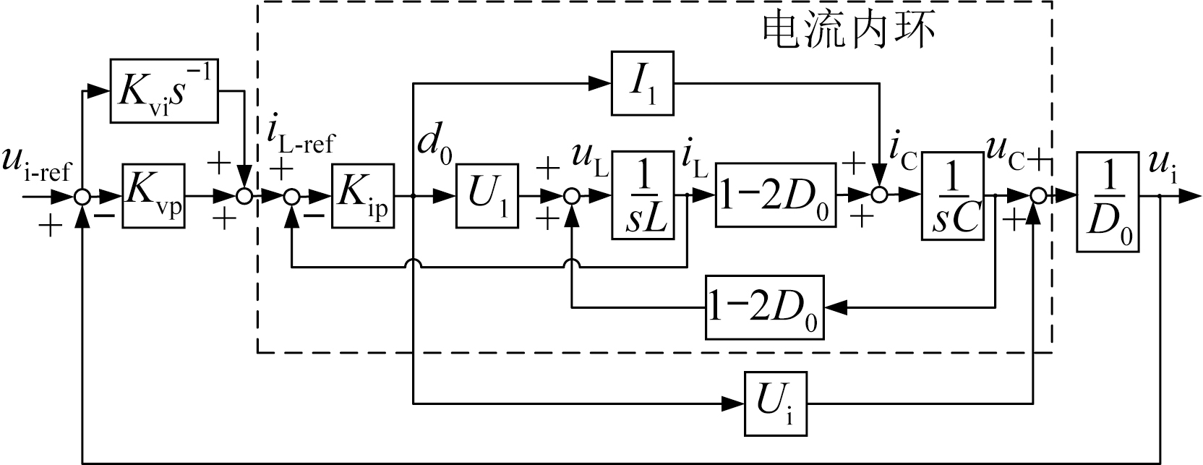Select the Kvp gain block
coord(153,196)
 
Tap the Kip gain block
coord(363,196)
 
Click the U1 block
coord(487,196)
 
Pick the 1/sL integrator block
coord(643,195)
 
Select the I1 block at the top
coord(643,83)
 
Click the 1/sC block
coord(952,195)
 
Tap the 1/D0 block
coord(1108,202)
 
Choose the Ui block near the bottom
coord(776,403)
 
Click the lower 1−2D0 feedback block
coord(765,307)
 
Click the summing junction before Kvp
coord(84,196)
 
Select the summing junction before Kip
coord(291,196)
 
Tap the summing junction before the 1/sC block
coord(880,196)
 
